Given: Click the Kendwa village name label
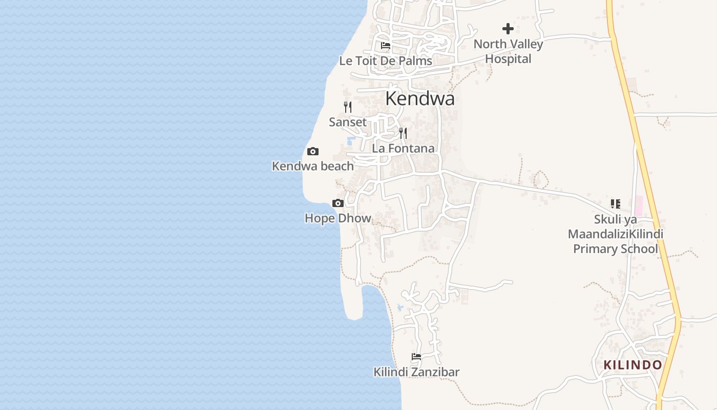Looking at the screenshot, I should [x=419, y=98].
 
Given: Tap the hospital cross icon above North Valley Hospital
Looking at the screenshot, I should [x=508, y=29].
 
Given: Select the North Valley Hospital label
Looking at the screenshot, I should [x=508, y=51].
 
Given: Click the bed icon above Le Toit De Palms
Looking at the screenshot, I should [x=386, y=46].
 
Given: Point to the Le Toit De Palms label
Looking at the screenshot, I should [x=386, y=61].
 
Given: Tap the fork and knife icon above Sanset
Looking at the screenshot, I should [x=348, y=107].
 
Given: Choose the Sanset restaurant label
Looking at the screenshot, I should [x=348, y=122].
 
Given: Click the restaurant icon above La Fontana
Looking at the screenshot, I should [x=403, y=133].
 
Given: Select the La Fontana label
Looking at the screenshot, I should [x=403, y=149].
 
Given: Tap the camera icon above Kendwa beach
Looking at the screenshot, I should [x=312, y=151].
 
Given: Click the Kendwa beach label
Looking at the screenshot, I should [x=312, y=166].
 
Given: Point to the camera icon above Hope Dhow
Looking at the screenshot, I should [x=338, y=203].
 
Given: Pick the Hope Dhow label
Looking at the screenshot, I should [x=338, y=218].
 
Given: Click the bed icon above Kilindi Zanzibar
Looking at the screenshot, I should [x=416, y=357].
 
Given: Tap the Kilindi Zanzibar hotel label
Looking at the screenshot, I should [x=416, y=372].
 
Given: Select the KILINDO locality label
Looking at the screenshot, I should [x=632, y=365].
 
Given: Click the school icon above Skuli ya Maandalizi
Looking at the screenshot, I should [x=615, y=204].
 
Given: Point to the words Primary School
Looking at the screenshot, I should [x=615, y=249].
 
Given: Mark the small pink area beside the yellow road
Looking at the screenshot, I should [x=639, y=206].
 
